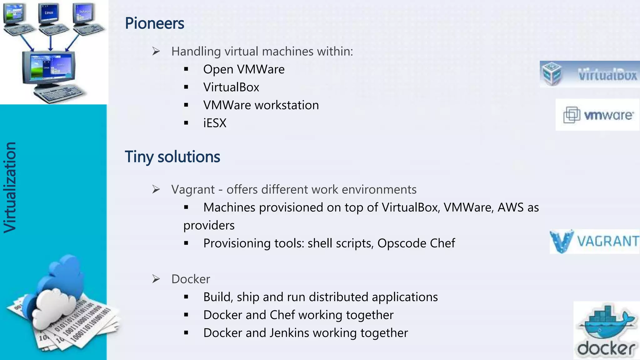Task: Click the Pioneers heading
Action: (x=154, y=23)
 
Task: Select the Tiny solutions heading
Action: (x=172, y=157)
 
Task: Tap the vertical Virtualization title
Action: (x=10, y=187)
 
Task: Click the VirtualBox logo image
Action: (x=589, y=74)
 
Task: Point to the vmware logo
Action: (x=597, y=115)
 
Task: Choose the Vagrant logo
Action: (x=594, y=242)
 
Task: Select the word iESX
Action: (x=215, y=123)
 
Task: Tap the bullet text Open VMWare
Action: (x=244, y=69)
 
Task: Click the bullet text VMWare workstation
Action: (x=261, y=105)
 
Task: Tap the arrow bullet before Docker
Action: (x=156, y=279)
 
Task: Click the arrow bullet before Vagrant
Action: (x=156, y=189)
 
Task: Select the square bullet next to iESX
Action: (x=186, y=123)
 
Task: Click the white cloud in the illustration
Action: (x=53, y=308)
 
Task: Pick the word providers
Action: (x=209, y=226)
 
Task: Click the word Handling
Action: (x=196, y=52)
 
